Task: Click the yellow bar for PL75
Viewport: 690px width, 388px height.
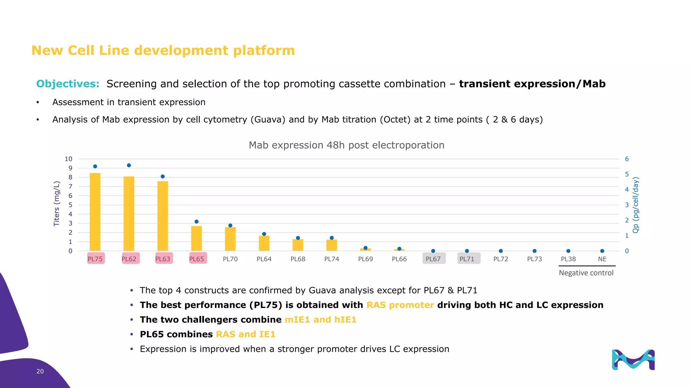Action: tap(95, 212)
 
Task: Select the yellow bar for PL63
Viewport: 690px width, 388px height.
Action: tap(163, 216)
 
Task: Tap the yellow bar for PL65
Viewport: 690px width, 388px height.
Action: tap(196, 238)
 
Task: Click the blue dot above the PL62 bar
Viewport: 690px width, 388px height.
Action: tap(129, 165)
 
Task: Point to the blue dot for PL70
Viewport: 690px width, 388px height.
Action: tap(230, 226)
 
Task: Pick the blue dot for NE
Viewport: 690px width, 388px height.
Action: tap(602, 251)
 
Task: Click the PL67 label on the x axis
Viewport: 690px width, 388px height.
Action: tap(433, 259)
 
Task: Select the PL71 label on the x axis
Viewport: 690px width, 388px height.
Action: tap(467, 259)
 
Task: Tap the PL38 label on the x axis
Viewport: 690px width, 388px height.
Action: tap(568, 259)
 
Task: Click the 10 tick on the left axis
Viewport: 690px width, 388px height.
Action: tap(68, 159)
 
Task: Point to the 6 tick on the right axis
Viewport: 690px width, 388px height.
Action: tap(627, 159)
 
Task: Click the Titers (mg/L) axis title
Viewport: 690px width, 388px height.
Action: tap(57, 204)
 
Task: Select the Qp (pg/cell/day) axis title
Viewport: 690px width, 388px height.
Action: tap(636, 205)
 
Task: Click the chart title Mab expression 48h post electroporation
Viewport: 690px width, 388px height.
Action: tap(346, 145)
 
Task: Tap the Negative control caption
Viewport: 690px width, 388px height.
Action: tap(586, 273)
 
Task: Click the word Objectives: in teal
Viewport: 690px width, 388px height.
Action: tap(68, 84)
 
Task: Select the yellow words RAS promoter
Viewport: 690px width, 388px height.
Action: tap(400, 305)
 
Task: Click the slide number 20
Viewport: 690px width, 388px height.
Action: tap(40, 371)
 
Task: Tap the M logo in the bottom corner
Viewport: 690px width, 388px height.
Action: tap(633, 360)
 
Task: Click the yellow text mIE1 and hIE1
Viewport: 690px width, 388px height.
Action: tap(320, 320)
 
